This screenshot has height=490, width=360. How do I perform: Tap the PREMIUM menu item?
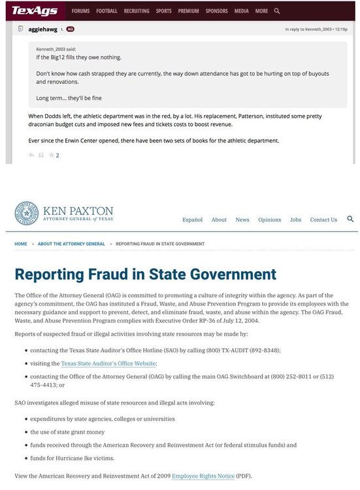[x=188, y=11]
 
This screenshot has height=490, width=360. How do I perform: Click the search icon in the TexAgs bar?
[x=278, y=11]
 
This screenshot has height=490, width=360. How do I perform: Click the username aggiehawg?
[x=41, y=29]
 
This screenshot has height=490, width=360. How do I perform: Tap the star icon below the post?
[x=51, y=155]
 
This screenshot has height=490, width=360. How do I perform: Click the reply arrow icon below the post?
[x=31, y=155]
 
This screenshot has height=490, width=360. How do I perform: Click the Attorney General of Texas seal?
[x=27, y=214]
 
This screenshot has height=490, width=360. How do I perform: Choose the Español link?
[x=192, y=220]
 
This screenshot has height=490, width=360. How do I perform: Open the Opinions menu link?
[x=269, y=220]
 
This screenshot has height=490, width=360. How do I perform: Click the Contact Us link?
[x=323, y=220]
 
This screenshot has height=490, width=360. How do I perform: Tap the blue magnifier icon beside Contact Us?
[x=351, y=219]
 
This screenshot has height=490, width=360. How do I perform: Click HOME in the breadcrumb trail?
[x=21, y=244]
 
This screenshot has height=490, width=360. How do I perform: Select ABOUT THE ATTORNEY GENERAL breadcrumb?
[x=71, y=244]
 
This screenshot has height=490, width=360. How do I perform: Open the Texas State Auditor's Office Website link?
[x=109, y=363]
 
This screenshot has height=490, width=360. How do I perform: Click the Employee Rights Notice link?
[x=203, y=475]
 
